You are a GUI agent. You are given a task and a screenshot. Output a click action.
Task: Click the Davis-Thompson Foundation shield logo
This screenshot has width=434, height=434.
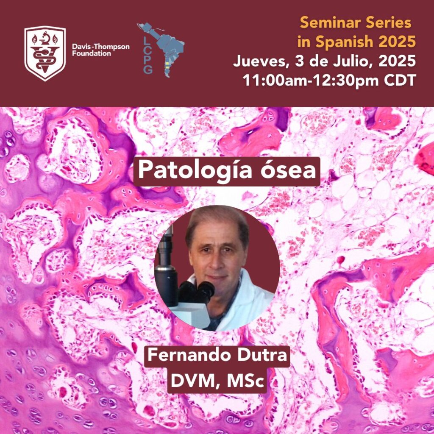45,53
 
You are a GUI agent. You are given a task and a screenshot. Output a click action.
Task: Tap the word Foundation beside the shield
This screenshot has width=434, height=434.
92,53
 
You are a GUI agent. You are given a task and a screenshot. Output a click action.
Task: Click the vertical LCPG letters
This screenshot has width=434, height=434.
148,56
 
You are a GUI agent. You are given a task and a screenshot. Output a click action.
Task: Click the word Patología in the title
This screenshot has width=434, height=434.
195,170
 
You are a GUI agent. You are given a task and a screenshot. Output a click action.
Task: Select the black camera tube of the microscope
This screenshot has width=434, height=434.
166,268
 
